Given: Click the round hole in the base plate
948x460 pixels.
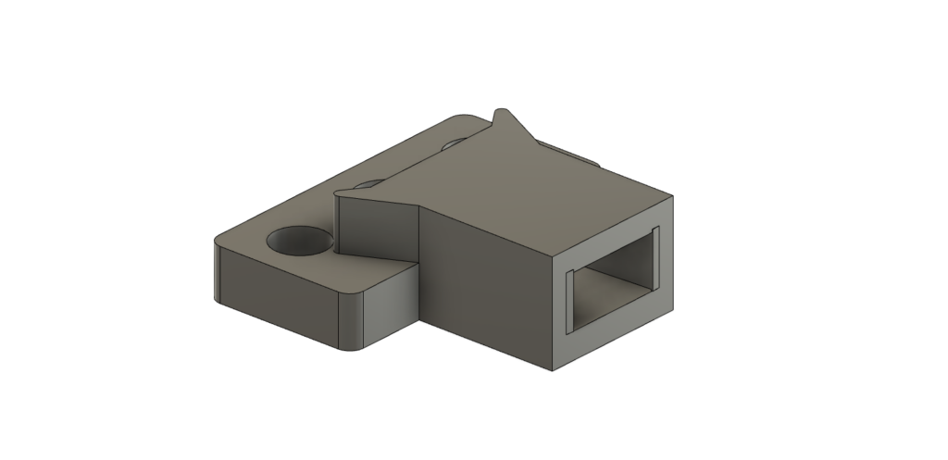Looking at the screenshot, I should [300, 241].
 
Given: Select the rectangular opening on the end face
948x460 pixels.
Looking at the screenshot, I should [611, 278].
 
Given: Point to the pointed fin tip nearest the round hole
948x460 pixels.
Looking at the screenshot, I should [342, 192].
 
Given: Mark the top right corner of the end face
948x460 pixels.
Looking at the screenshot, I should [673, 197].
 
